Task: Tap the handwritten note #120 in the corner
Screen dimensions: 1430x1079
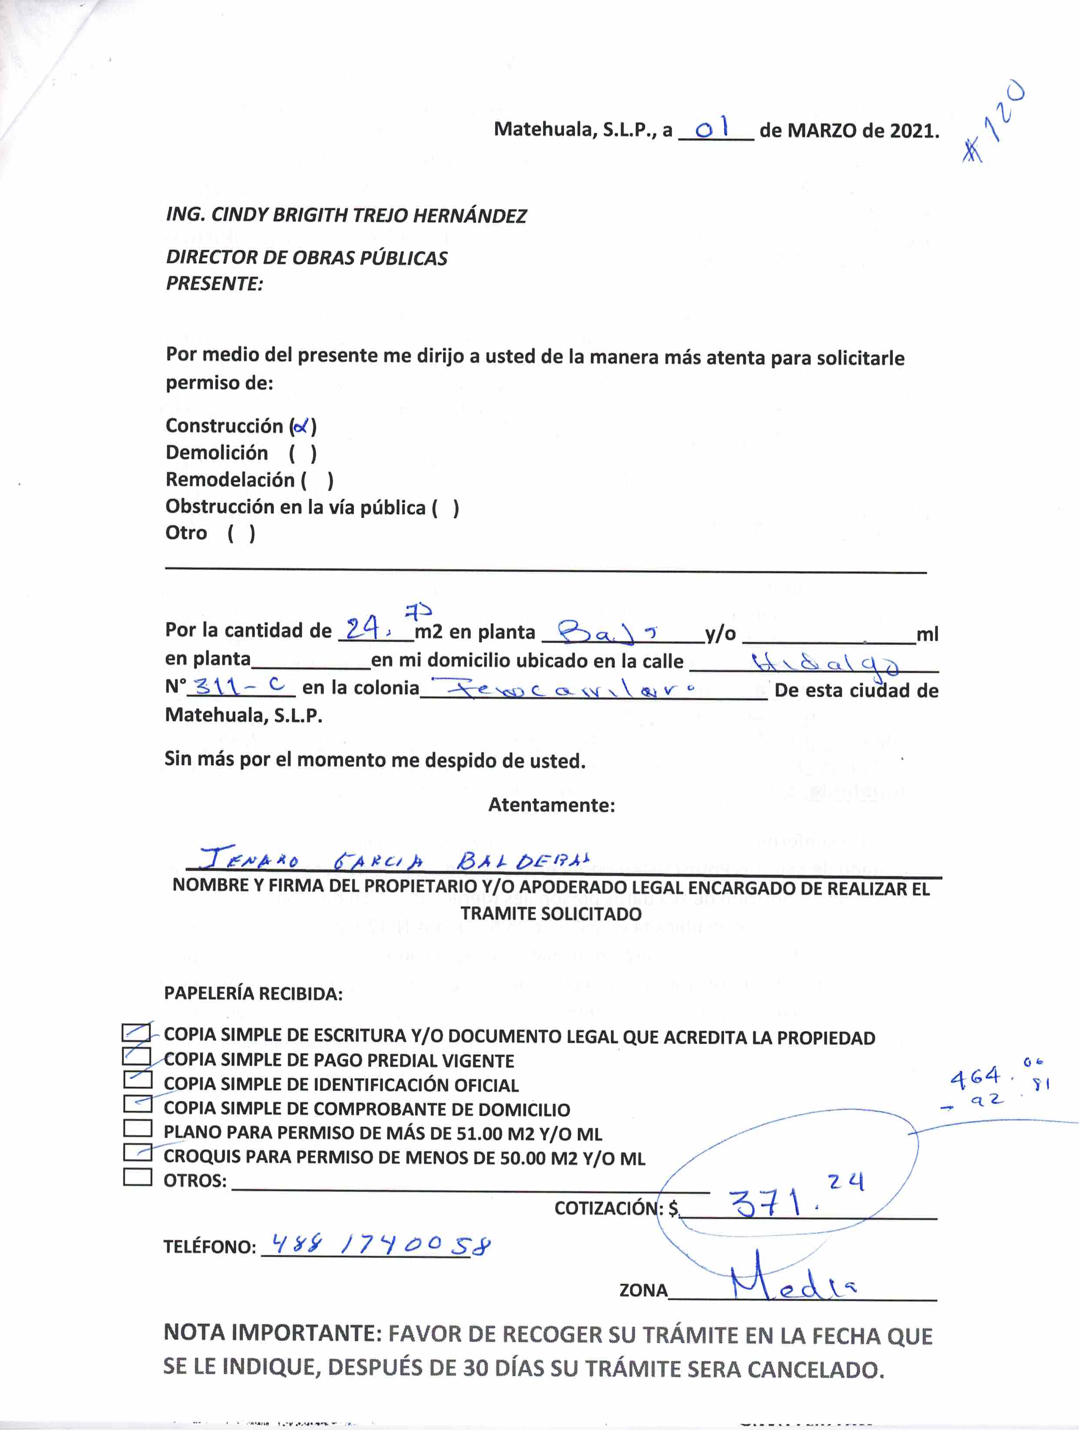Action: (992, 122)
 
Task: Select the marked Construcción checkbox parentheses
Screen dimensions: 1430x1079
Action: (302, 426)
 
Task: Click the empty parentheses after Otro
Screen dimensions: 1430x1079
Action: (241, 533)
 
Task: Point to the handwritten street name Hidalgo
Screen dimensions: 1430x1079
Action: (824, 663)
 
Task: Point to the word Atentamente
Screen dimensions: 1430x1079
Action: (551, 805)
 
